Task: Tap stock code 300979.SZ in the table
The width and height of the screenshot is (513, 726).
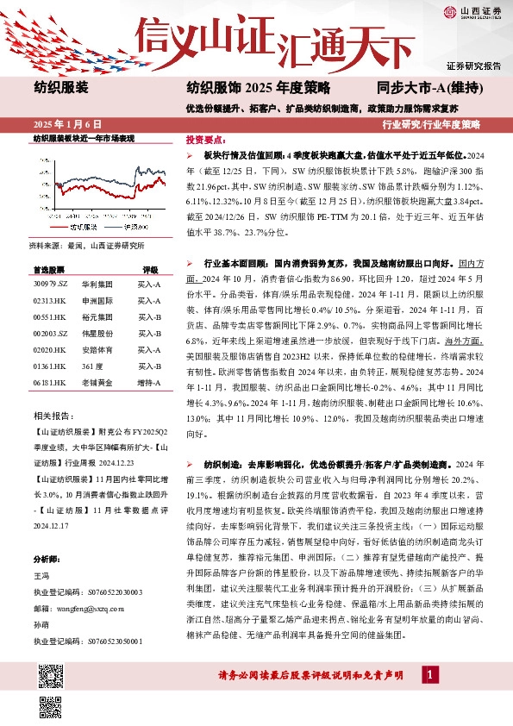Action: (x=50, y=283)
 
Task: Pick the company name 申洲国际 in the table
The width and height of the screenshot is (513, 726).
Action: (x=94, y=300)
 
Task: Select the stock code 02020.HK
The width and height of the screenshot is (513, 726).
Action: (x=50, y=350)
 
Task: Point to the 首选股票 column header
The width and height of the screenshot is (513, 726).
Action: (x=50, y=268)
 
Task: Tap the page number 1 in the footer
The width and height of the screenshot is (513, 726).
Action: (x=427, y=675)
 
